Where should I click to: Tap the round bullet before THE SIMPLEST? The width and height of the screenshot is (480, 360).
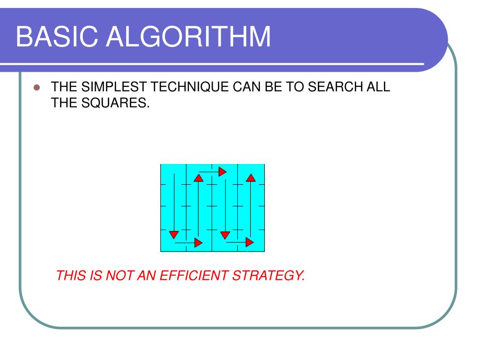tap(37, 88)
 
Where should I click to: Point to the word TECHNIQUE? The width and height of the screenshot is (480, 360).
tap(183, 88)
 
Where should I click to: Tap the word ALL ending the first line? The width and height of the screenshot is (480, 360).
tap(378, 88)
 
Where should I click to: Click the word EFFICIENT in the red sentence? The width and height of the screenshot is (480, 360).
tap(193, 276)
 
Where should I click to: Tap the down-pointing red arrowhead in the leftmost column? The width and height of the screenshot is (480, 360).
tap(173, 234)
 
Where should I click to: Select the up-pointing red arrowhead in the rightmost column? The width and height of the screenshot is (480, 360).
tap(250, 178)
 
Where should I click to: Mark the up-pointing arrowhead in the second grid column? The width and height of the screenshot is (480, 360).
tap(199, 178)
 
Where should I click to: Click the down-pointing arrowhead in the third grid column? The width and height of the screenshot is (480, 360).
tap(225, 234)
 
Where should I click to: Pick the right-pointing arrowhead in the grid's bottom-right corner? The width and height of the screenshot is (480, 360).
tap(249, 242)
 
